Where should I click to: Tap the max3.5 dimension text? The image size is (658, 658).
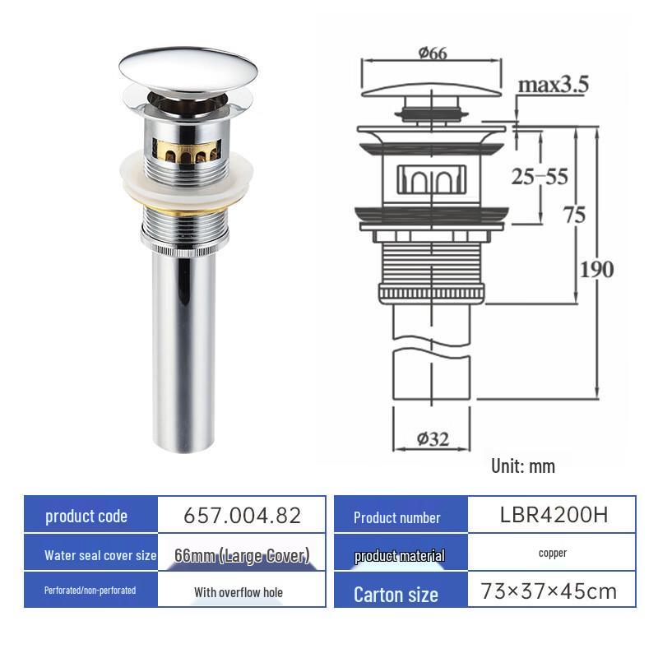click(x=564, y=85)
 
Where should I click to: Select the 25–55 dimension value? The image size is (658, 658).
click(x=540, y=176)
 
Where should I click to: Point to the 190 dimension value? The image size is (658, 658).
click(x=595, y=269)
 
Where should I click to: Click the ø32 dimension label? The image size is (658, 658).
click(x=433, y=438)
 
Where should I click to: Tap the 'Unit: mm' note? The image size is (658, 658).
click(x=523, y=466)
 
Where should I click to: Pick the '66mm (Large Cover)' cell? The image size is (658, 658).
click(x=241, y=555)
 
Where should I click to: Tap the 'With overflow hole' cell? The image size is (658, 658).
click(x=239, y=591)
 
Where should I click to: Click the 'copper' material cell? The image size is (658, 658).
click(x=552, y=554)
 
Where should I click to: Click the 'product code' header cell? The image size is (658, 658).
click(x=87, y=517)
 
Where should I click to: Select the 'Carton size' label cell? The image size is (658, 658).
click(x=396, y=594)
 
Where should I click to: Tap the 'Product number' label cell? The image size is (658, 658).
click(x=397, y=517)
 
